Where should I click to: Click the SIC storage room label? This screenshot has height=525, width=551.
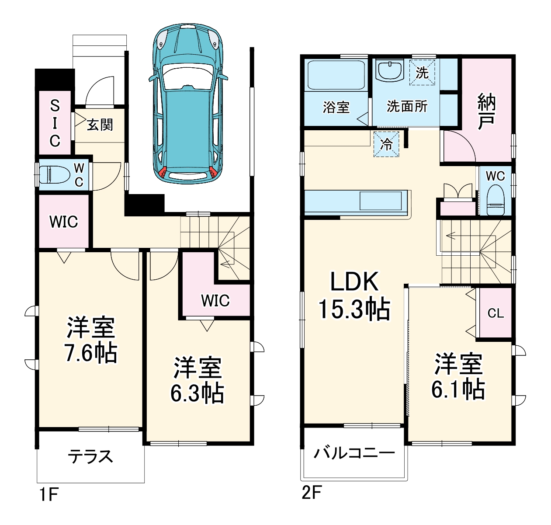pos(55,123)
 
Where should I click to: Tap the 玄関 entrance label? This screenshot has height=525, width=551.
pos(100,125)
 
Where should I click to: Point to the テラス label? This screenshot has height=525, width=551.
pos(90,456)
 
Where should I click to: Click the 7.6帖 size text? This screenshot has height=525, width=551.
pos(91,353)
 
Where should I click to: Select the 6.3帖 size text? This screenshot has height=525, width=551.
pos(197,393)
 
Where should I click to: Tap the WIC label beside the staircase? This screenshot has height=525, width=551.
pos(215,301)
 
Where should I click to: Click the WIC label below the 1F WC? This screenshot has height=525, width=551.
pos(64,222)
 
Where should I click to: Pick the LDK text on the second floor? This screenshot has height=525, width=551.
pos(354,282)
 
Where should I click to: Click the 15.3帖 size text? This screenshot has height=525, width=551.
pos(354,309)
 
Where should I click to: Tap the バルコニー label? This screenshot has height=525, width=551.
pos(354,452)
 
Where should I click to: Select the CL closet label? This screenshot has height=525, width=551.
pos(496,313)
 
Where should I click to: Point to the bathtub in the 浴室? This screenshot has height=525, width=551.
pos(336,75)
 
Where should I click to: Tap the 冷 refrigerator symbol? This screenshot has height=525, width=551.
pos(387,144)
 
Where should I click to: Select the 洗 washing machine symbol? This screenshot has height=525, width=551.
pos(422,73)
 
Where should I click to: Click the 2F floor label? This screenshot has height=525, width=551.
pos(312,494)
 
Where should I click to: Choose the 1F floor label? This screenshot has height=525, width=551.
pos(49,495)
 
